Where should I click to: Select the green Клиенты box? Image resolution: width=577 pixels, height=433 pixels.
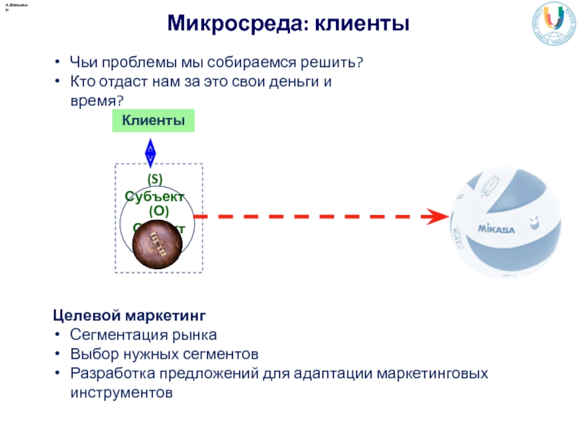tap(154, 121)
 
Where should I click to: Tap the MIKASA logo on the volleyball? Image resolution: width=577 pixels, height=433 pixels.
tap(495, 229)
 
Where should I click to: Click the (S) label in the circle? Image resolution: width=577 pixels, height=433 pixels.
tap(154, 178)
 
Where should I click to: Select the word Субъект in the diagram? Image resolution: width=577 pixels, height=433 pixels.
tap(154, 196)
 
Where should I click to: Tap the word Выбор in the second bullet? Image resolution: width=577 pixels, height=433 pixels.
tap(91, 355)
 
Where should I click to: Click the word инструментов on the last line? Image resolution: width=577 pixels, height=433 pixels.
tap(122, 393)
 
